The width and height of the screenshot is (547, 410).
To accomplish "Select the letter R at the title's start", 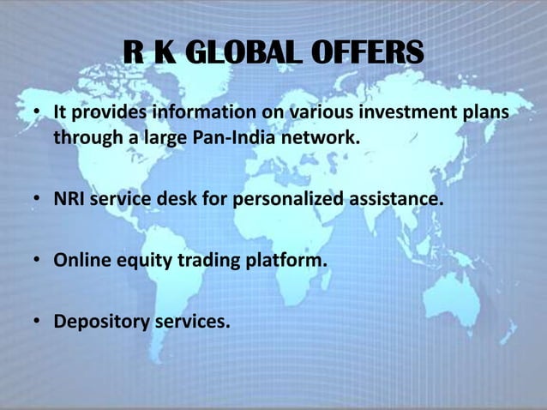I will (134, 53).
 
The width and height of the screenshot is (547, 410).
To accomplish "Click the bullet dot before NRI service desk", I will (38, 201).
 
